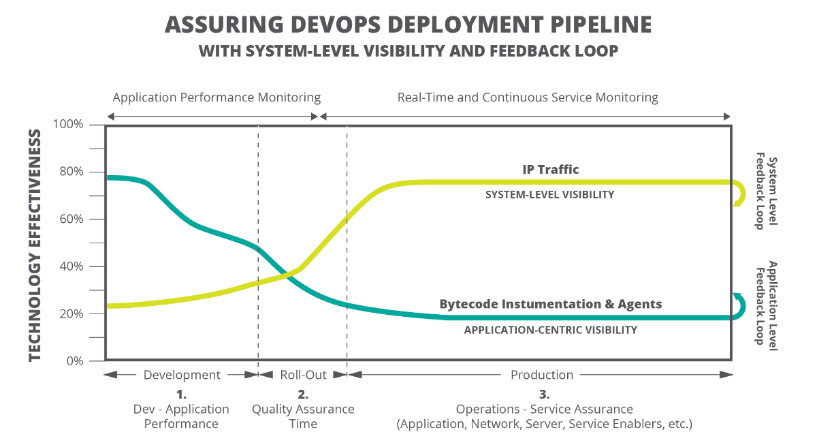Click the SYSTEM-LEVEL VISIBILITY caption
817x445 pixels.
(549, 194)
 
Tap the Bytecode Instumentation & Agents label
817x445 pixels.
(550, 304)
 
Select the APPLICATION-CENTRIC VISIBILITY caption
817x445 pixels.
(550, 330)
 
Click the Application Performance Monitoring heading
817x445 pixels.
(217, 97)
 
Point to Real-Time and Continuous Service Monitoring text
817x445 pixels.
(528, 97)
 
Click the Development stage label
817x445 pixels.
(182, 375)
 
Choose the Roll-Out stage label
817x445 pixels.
(303, 375)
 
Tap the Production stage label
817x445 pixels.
(542, 375)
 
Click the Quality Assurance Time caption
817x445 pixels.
(303, 416)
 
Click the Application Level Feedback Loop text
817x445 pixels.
(766, 303)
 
